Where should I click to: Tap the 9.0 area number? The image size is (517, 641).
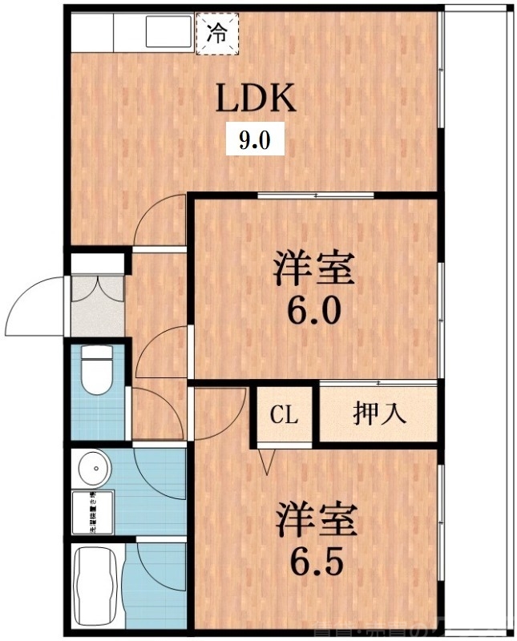point(255,142)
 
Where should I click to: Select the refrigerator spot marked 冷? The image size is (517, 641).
point(216,34)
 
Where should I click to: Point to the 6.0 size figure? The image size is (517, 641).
point(315,308)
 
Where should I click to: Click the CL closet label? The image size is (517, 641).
point(284,414)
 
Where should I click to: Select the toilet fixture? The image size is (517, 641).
point(97,370)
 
